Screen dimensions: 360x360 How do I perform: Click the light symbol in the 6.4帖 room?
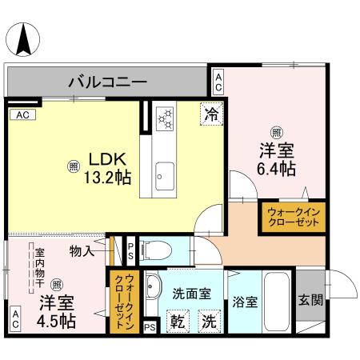click(276, 132)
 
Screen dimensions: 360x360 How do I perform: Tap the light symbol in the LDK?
click(74, 166)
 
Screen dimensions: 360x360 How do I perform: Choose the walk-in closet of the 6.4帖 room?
click(292, 217)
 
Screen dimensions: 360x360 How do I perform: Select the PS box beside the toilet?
click(131, 251)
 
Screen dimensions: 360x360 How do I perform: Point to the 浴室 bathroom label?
click(245, 302)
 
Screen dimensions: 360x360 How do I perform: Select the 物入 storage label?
click(82, 250)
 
